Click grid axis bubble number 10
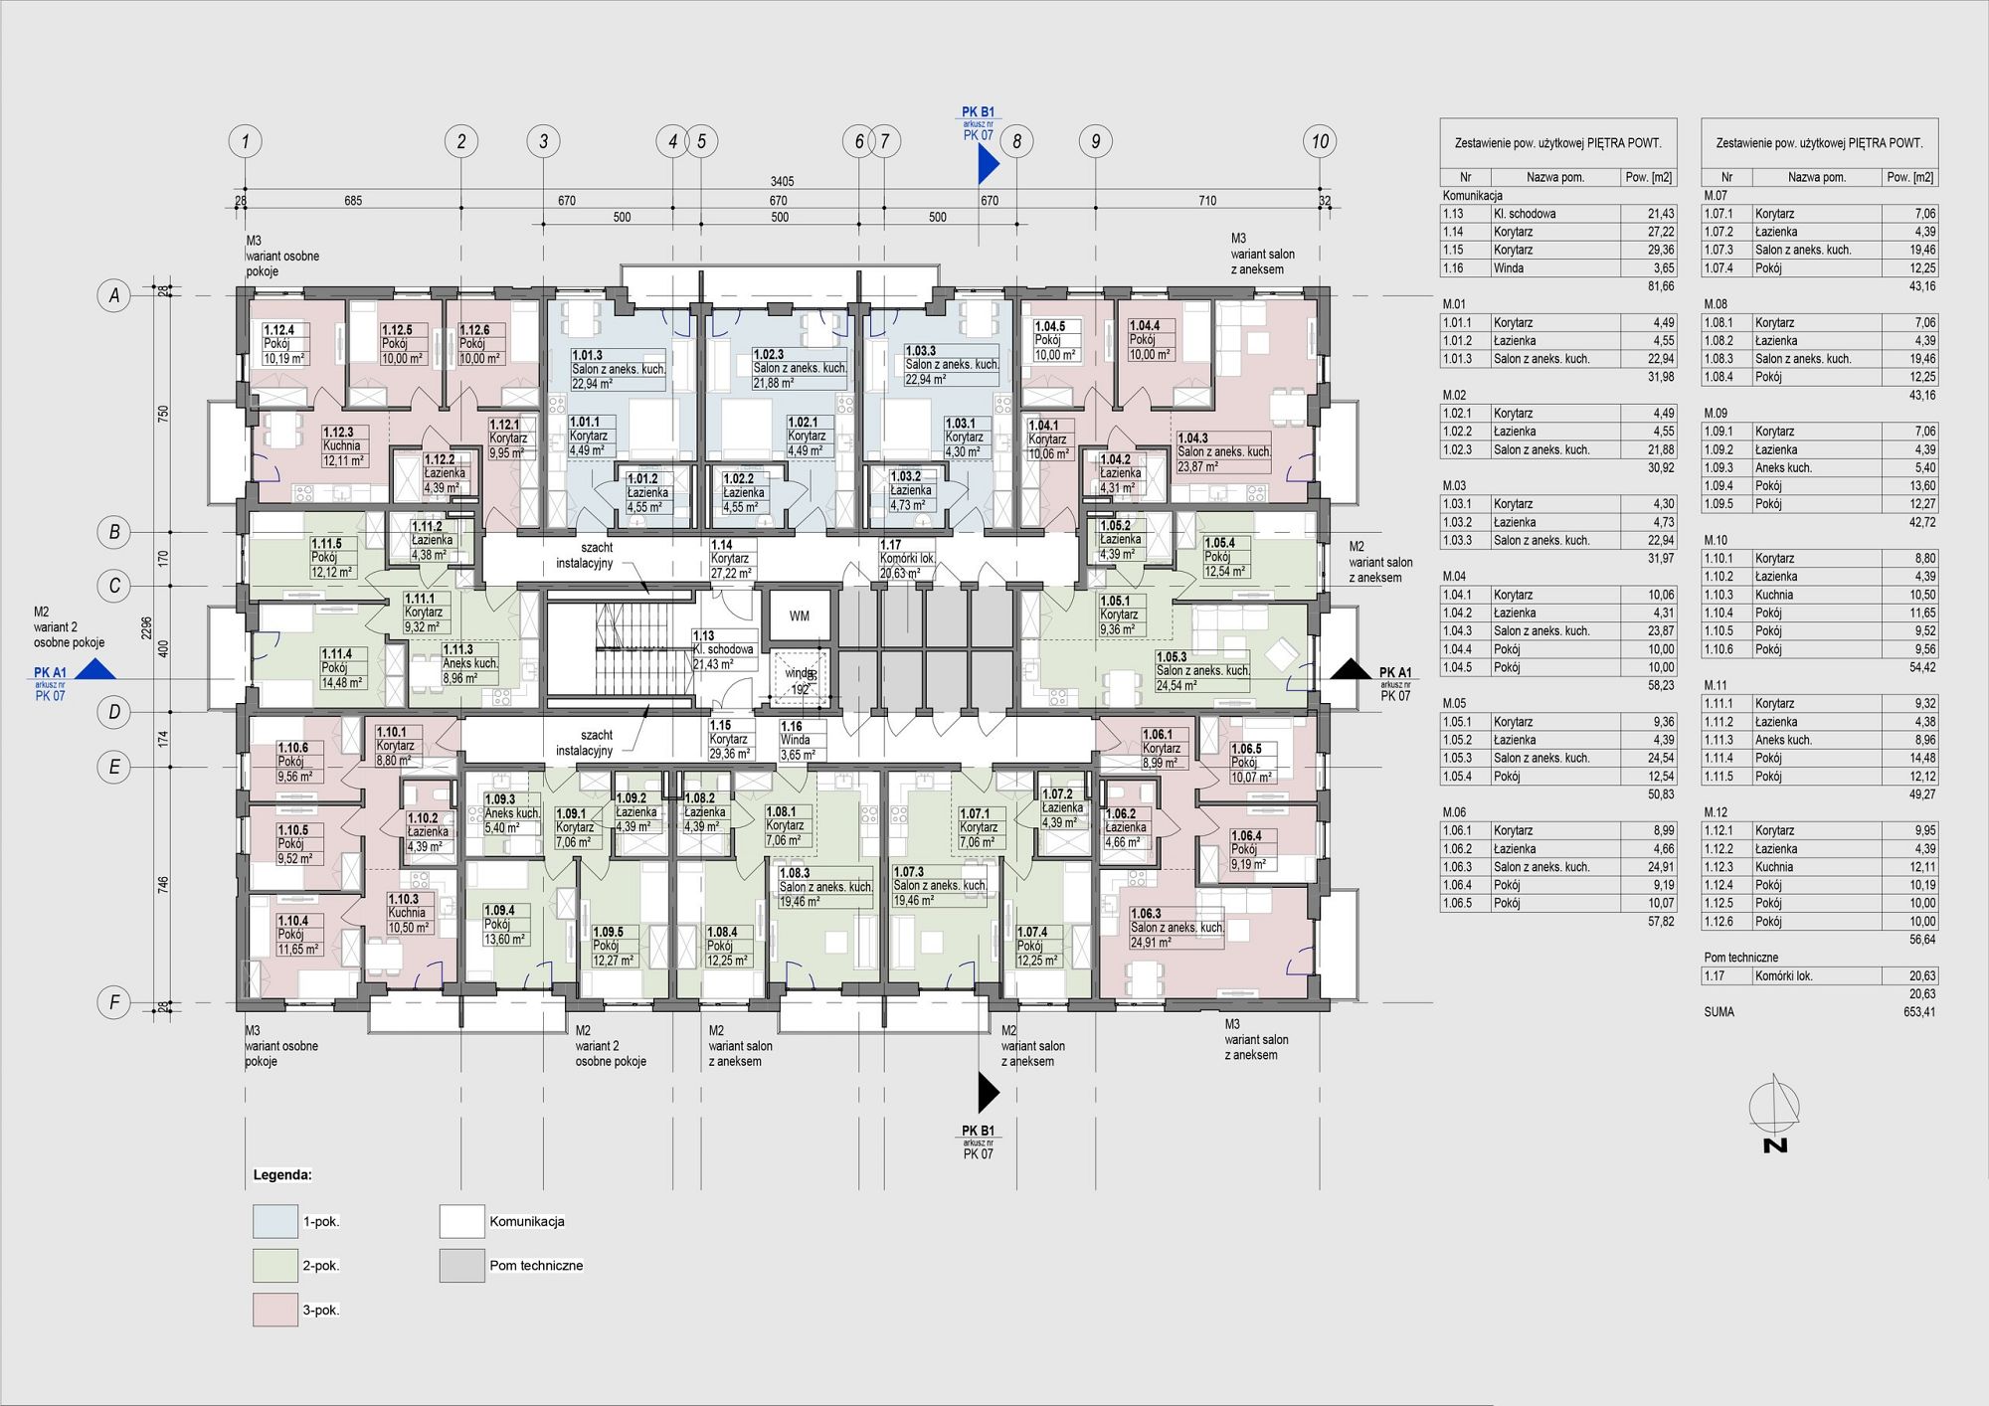[x=1320, y=141]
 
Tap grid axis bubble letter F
[x=114, y=1003]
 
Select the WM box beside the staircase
[x=800, y=616]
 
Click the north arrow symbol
[x=1776, y=1114]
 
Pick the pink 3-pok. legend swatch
[x=275, y=1310]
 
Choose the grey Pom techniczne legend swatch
[x=461, y=1266]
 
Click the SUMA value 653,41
[x=1918, y=1012]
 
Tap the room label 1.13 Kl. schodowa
[x=723, y=650]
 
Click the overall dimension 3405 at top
[x=783, y=182]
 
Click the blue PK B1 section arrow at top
[x=988, y=164]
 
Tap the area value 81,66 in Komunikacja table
[x=1662, y=286]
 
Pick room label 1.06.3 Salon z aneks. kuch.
[x=1176, y=928]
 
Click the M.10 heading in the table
[x=1717, y=541]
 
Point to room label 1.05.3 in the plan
[x=1172, y=657]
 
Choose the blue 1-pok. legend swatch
[x=275, y=1221]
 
